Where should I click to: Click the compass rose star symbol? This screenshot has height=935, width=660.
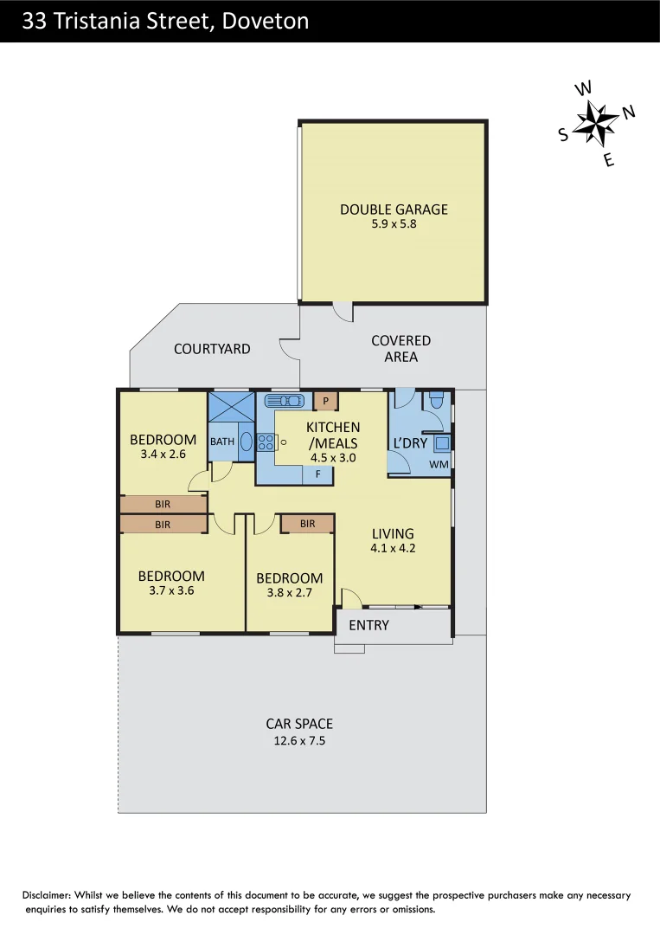point(594,123)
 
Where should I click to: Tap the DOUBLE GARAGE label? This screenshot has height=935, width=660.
point(394,210)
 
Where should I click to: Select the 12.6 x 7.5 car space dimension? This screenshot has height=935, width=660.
point(298,741)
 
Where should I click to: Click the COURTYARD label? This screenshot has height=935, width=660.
point(212,349)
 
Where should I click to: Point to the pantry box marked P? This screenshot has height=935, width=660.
point(325,401)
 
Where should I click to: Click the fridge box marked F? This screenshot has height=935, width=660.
point(317,474)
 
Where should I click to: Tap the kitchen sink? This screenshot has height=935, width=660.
point(284,401)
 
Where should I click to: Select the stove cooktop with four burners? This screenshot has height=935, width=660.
point(266,442)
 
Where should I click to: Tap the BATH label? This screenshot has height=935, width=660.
point(222,442)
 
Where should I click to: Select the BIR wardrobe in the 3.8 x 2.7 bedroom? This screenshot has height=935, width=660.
point(307,524)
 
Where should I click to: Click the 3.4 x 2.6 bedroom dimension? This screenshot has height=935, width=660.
point(163,455)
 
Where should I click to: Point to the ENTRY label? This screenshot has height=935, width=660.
point(368,625)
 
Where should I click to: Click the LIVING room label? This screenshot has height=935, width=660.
point(393,533)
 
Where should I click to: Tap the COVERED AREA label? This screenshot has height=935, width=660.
point(400,349)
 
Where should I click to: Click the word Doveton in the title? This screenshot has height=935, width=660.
point(266,22)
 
